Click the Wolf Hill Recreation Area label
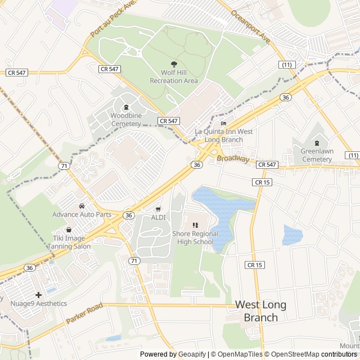(x=174, y=76)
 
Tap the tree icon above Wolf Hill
(x=174, y=64)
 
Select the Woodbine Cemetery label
(x=126, y=119)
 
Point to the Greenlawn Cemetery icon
(x=317, y=143)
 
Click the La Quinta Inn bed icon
(x=223, y=124)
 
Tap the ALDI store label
(x=158, y=217)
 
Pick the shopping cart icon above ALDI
(x=158, y=209)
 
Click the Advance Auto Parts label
(x=82, y=214)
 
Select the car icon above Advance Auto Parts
(x=82, y=206)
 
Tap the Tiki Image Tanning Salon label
(x=69, y=242)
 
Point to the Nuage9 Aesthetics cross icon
(x=38, y=295)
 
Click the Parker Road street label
(x=84, y=313)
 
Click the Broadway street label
(x=233, y=160)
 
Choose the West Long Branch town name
(x=260, y=311)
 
